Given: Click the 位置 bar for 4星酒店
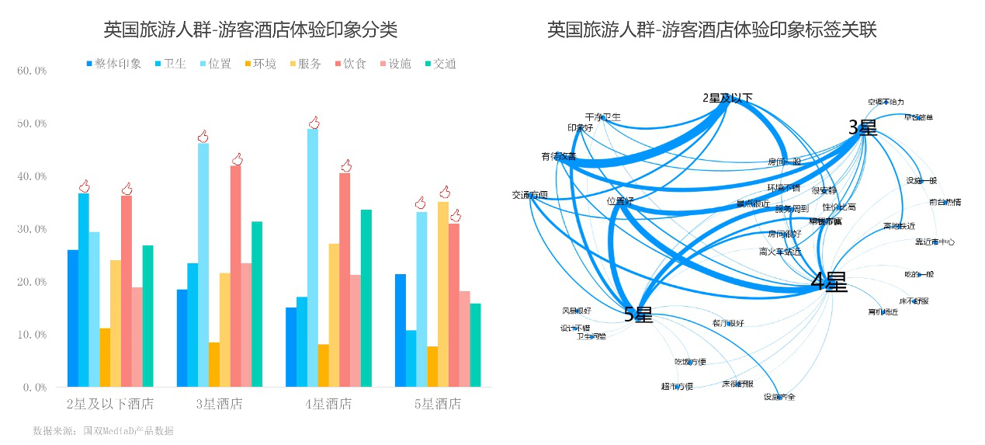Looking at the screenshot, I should [x=312, y=257].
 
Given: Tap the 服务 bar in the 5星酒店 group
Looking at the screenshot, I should [x=443, y=294].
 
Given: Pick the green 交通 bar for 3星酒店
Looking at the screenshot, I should [x=257, y=304].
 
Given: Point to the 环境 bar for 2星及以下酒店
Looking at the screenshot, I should [x=105, y=357].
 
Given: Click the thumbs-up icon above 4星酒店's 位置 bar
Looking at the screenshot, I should [x=314, y=123].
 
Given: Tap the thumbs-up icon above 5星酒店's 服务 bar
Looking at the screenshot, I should [x=445, y=192].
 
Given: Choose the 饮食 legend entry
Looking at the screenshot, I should [x=350, y=64].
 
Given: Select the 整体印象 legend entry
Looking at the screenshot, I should [x=113, y=64].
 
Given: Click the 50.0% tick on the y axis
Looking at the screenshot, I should [x=32, y=123].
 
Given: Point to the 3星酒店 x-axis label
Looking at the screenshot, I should [x=219, y=404].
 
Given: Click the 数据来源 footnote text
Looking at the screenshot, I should [x=103, y=430].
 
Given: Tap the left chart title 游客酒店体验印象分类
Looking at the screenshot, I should [x=250, y=30].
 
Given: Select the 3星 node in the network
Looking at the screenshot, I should [x=862, y=127].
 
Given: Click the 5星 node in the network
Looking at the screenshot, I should [x=638, y=314].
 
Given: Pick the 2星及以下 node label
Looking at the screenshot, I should [x=727, y=98].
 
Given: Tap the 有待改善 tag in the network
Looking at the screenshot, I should [x=559, y=156].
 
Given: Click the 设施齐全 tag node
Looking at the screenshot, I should [x=779, y=397].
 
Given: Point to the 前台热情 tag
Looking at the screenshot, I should [x=945, y=202].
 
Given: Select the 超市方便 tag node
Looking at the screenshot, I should [x=677, y=386].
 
